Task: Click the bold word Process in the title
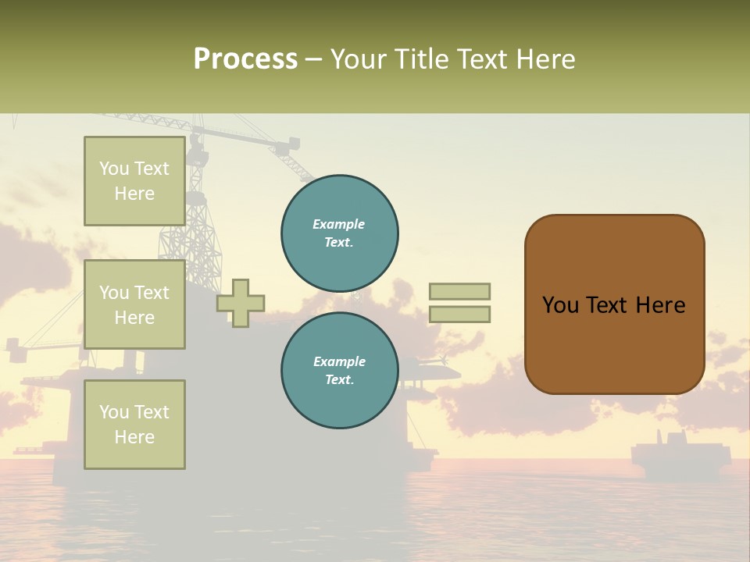[245, 59]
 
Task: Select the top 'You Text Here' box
[134, 181]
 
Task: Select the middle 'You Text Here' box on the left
[134, 304]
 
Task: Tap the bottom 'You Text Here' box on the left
[134, 424]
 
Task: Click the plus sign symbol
[241, 304]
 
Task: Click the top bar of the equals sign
[459, 291]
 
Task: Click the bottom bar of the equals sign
[459, 314]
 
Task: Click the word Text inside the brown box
[614, 305]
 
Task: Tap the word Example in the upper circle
[339, 224]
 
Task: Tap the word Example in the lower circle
[339, 361]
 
